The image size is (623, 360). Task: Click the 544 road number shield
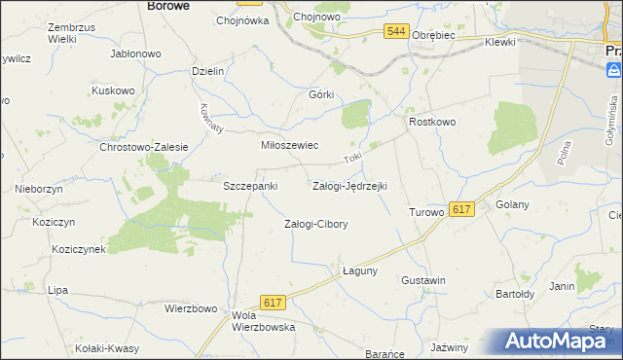[x=395, y=32]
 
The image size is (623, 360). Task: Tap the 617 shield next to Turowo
[x=462, y=209]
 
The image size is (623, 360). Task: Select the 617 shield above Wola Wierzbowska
[x=273, y=304]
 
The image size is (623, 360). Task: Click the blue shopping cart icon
[x=614, y=70]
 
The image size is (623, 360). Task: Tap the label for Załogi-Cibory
[x=315, y=224]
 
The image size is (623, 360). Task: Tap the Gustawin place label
[x=423, y=280]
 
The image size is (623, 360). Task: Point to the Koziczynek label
[x=79, y=249]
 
